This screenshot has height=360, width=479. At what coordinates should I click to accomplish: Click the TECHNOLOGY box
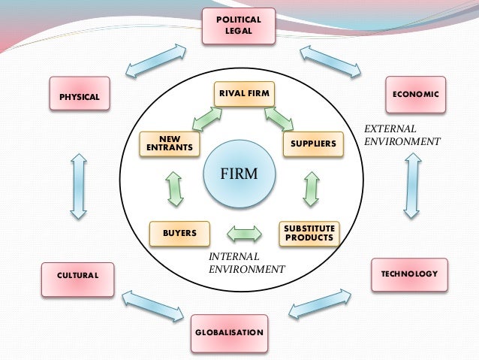point(408,274)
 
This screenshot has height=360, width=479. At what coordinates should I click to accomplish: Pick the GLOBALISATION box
point(229,332)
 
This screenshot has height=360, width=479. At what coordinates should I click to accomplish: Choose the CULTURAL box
point(78,276)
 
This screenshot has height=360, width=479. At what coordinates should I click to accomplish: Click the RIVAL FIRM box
point(243,93)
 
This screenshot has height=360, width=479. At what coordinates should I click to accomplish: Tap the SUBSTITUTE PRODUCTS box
point(309,233)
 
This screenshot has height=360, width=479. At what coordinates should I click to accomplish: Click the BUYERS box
point(179,234)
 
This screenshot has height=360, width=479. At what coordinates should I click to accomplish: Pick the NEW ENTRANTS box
point(171,143)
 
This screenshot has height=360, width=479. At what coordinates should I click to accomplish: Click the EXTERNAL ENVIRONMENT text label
point(402,135)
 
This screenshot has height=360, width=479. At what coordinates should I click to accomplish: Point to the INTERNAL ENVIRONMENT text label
point(246,262)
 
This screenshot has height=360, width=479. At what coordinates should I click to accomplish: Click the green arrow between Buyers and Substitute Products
point(244,234)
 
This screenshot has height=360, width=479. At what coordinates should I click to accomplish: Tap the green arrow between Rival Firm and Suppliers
point(278,118)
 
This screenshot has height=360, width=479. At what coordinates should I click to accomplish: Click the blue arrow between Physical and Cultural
point(77,187)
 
